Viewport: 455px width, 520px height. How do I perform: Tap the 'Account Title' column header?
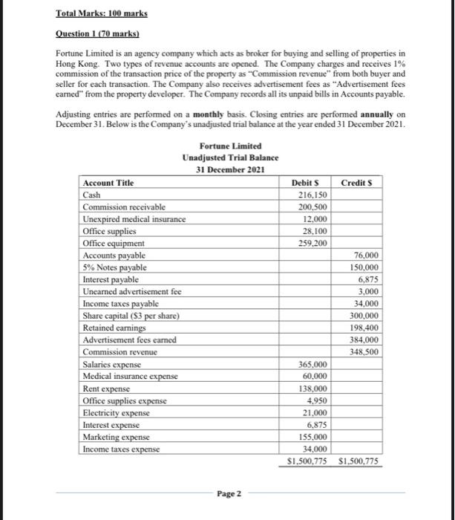click(108, 183)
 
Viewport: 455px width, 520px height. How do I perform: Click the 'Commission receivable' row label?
click(124, 207)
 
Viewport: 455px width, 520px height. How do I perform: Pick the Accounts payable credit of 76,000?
click(363, 255)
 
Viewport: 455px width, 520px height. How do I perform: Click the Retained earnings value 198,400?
click(361, 328)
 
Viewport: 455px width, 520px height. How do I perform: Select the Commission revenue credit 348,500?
click(361, 351)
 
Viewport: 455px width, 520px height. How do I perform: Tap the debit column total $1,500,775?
click(307, 461)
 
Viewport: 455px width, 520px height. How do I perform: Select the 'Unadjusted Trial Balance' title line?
click(230, 157)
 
